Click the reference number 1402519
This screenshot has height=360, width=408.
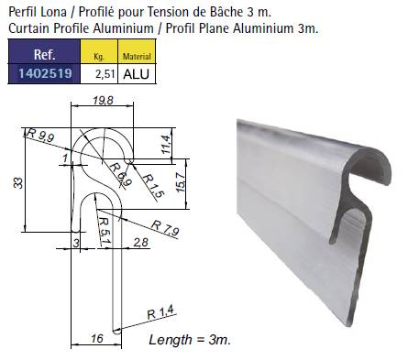(45, 73)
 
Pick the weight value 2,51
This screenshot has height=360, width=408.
(105, 74)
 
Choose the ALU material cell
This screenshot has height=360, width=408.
(137, 74)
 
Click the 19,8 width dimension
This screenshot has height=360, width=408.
(103, 100)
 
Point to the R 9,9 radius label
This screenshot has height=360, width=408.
(40, 135)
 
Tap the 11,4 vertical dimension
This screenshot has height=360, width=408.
(166, 144)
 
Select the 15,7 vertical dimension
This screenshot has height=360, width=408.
(181, 182)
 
